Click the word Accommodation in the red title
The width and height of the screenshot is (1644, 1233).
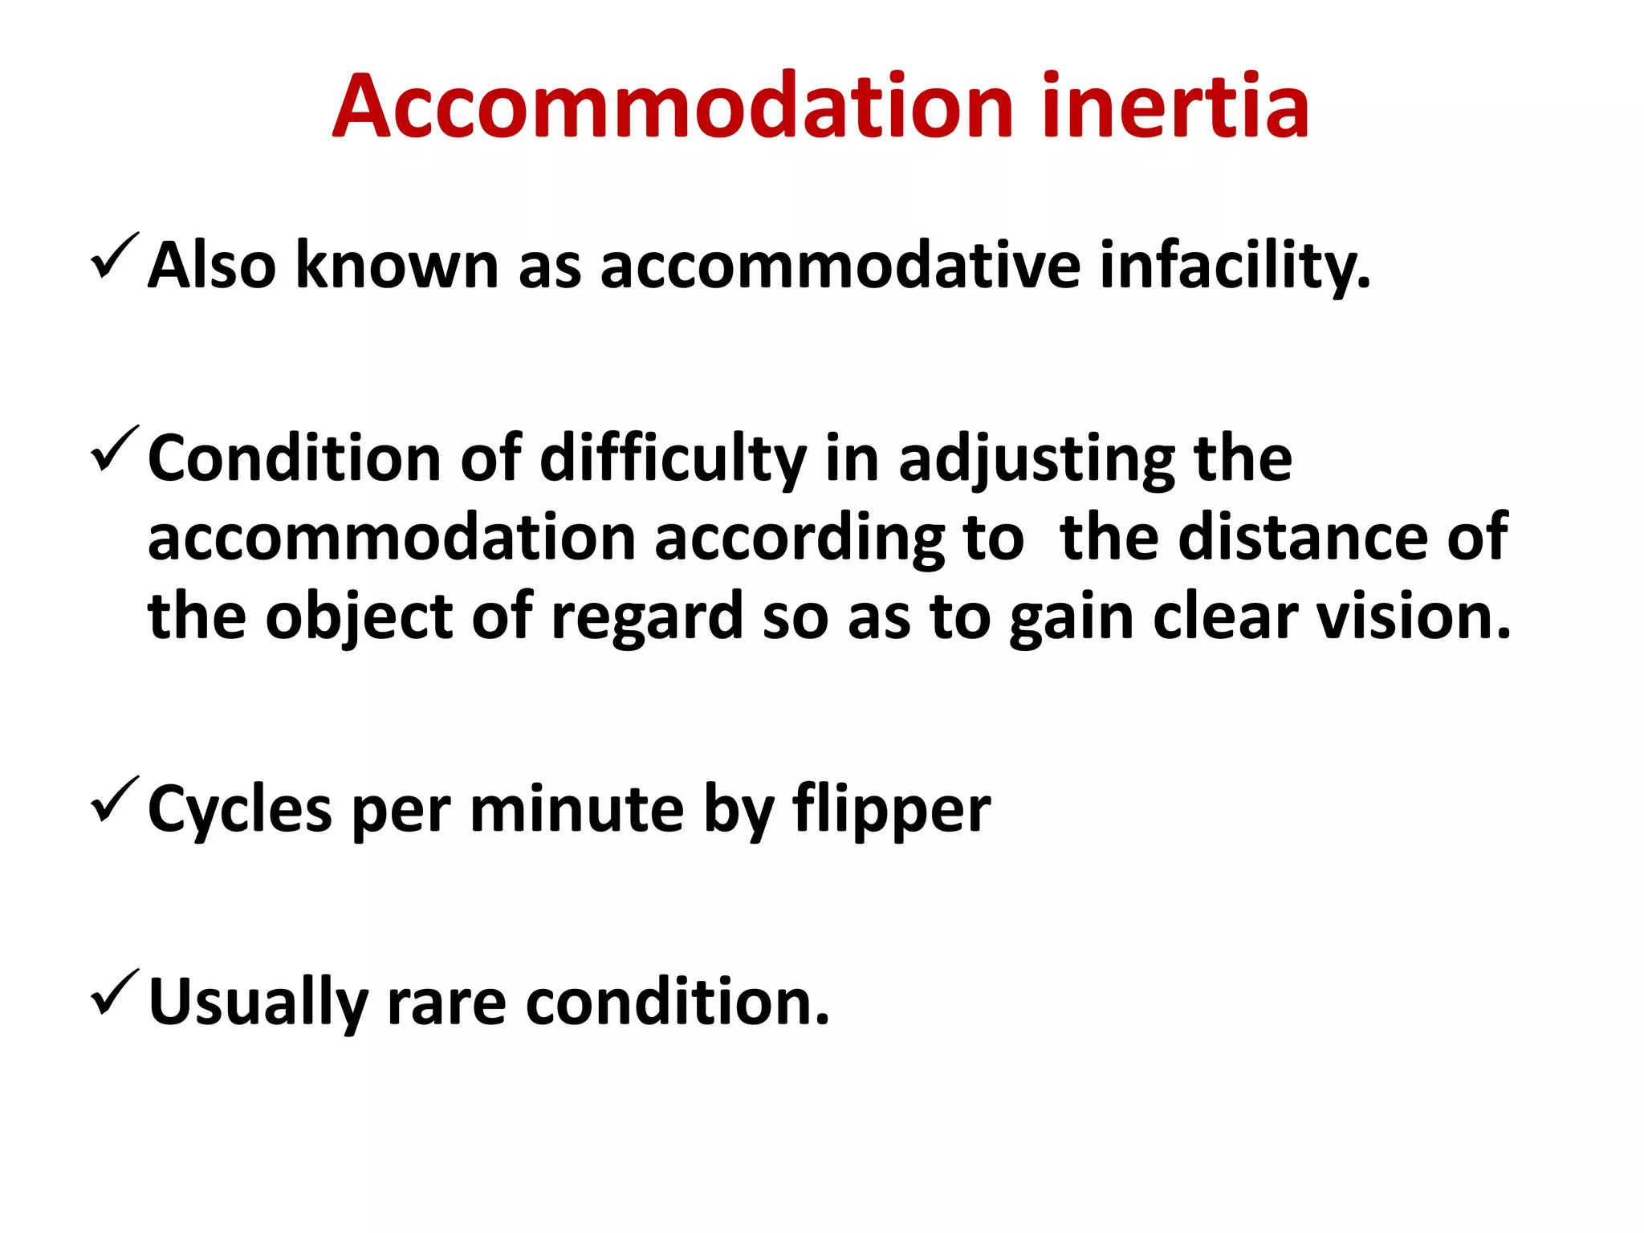(673, 107)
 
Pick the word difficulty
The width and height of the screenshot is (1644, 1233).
(673, 459)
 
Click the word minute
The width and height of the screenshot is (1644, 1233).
(576, 809)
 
